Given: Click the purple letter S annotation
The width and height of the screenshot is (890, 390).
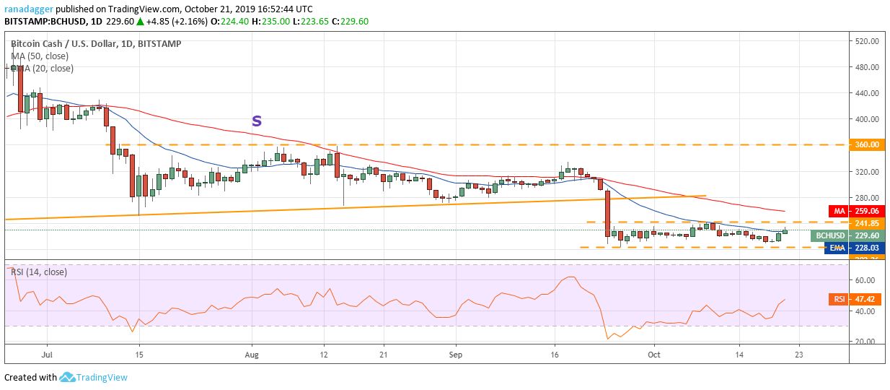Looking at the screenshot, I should pos(256,121).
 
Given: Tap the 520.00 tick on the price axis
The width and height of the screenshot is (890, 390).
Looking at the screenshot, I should pos(865,41).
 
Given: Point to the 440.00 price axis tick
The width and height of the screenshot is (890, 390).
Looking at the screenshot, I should pos(865,93).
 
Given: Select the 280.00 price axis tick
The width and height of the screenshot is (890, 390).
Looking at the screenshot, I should pos(865,197).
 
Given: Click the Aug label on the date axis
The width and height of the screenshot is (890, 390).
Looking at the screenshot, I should pos(251,355).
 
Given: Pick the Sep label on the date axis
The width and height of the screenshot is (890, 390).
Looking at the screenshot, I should pos(454,355).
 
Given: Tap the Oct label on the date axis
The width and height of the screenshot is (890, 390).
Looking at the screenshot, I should pos(653,355).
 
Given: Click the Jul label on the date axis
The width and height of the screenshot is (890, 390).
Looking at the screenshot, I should pos(47,355).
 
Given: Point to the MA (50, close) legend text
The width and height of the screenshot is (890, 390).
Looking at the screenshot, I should pos(40,56).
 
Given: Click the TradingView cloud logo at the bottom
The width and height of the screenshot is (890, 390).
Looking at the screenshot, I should pos(68,377).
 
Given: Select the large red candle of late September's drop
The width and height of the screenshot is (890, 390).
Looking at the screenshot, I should pos(607,213).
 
